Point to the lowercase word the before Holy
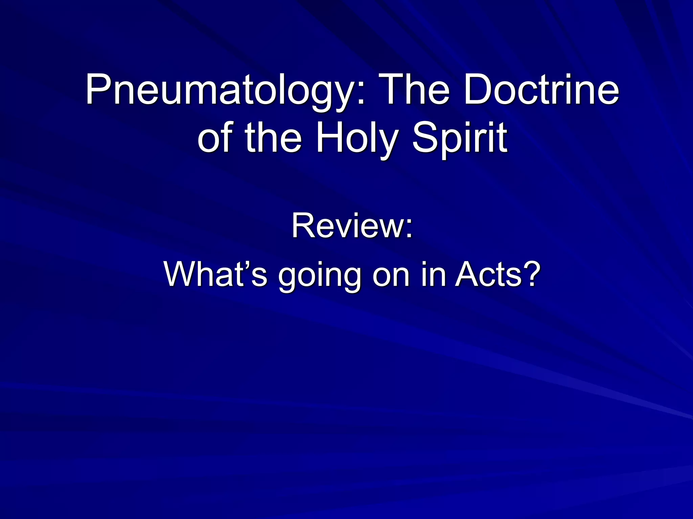pyautogui.click(x=273, y=138)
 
